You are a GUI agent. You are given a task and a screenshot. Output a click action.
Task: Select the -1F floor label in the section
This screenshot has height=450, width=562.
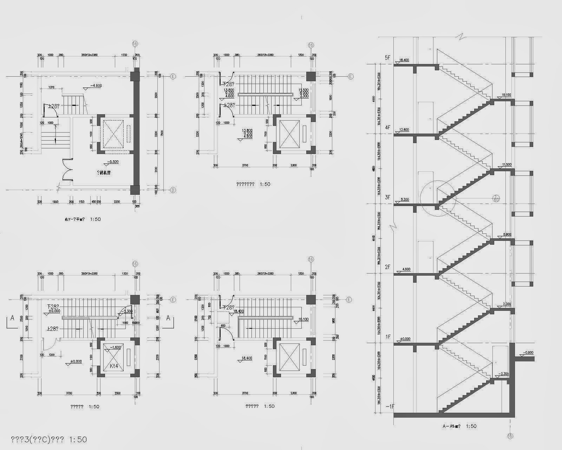click(390, 406)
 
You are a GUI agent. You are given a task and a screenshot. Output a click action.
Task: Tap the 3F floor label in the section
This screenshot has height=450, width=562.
click(387, 197)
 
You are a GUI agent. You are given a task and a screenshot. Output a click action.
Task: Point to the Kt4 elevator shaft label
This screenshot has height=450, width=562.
click(113, 366)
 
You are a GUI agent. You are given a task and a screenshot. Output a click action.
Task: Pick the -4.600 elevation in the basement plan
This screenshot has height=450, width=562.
click(96, 85)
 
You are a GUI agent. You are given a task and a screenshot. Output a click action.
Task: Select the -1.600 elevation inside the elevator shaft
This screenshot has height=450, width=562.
click(116, 347)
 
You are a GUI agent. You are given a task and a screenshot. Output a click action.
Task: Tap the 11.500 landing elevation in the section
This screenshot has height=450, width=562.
click(507, 165)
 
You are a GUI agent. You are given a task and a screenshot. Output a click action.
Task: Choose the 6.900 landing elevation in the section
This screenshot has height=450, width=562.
click(507, 234)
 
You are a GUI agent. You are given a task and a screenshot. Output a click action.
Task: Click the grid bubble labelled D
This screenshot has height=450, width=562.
click(173, 190)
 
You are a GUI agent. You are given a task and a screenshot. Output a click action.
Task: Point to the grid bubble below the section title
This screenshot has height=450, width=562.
click(510, 436)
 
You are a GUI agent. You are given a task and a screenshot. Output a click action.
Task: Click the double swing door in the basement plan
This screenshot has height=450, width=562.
click(67, 170)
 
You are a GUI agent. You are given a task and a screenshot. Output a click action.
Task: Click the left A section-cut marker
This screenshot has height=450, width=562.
click(12, 318)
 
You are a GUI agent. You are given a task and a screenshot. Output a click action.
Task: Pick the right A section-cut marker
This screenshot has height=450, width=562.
click(168, 318)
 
